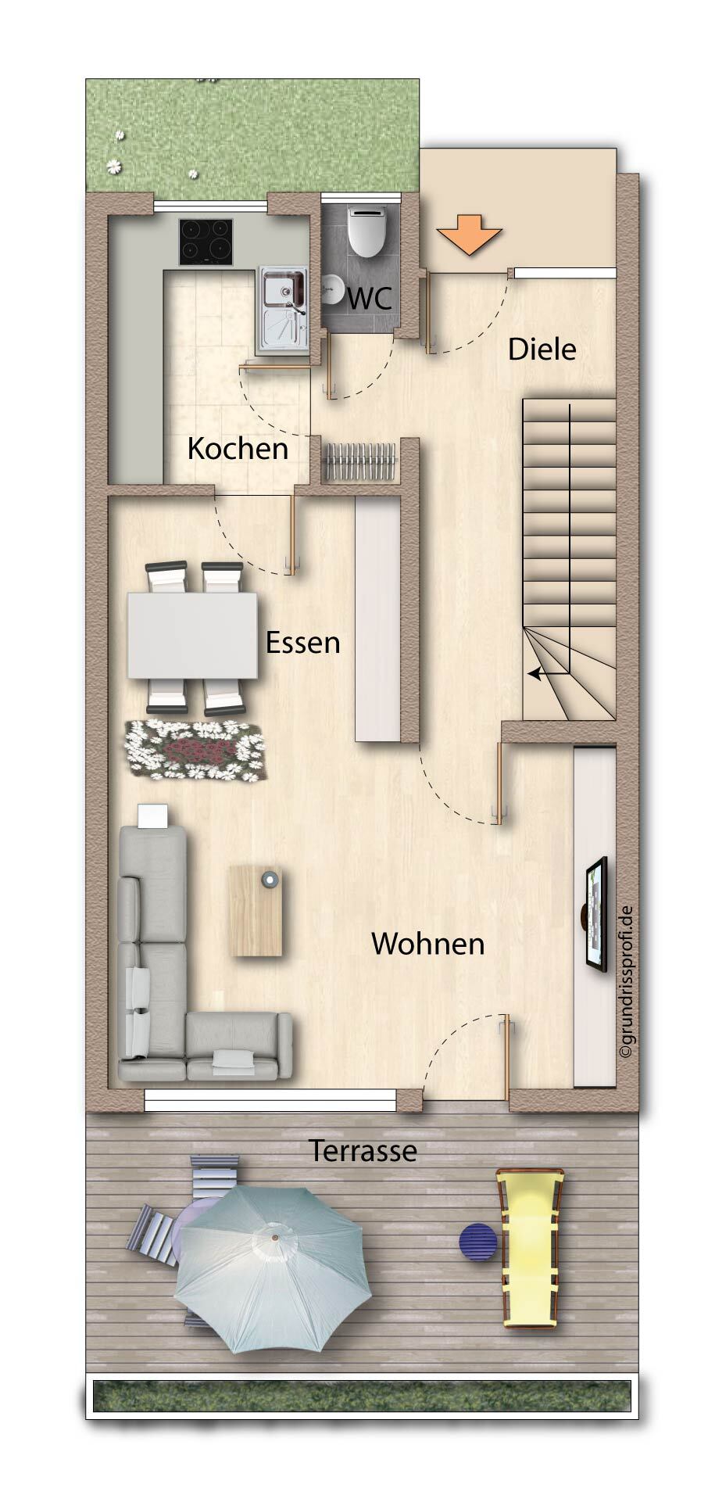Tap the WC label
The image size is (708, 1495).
click(x=370, y=299)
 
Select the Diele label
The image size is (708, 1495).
click(x=542, y=350)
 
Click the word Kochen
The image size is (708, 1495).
click(x=238, y=449)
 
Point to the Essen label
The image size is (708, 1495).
click(x=302, y=643)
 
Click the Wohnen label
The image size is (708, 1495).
click(x=427, y=944)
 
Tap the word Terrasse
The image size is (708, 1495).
click(x=363, y=1151)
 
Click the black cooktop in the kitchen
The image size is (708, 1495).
click(x=206, y=242)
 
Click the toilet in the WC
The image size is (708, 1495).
click(x=367, y=231)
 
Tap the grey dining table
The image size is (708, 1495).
click(x=193, y=635)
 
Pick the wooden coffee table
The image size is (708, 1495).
click(x=256, y=910)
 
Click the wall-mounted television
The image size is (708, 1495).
click(x=596, y=914)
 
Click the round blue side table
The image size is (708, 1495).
click(x=477, y=1242)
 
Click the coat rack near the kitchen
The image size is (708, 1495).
click(x=359, y=462)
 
